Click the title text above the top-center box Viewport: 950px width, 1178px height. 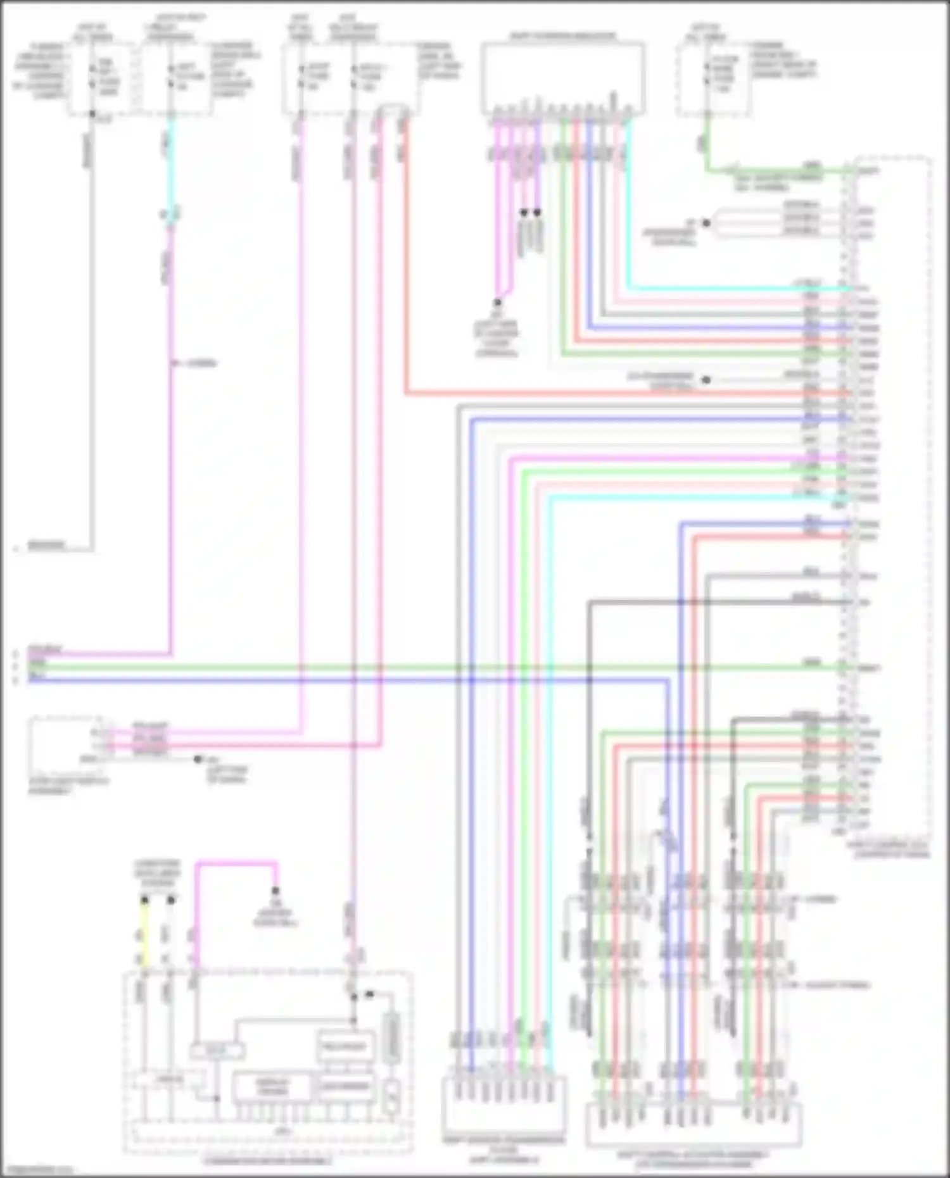click(562, 36)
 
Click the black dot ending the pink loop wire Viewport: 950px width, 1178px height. click(275, 891)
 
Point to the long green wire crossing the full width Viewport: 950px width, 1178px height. click(443, 667)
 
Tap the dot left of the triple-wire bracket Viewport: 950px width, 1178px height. click(706, 223)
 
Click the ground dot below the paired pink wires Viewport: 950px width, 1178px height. click(497, 303)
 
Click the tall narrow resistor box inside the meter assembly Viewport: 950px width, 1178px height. click(391, 1038)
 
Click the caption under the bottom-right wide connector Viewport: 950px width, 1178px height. click(693, 1158)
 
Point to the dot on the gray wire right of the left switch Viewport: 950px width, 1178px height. click(198, 758)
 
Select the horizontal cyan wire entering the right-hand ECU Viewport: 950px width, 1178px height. click(728, 289)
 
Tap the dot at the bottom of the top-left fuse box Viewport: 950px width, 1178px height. click(92, 114)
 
